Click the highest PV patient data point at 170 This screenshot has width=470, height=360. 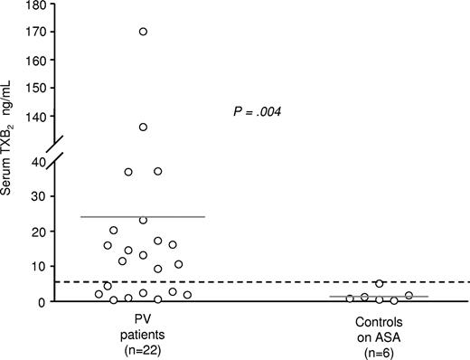pos(143,32)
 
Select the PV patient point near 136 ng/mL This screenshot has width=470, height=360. pos(143,127)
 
